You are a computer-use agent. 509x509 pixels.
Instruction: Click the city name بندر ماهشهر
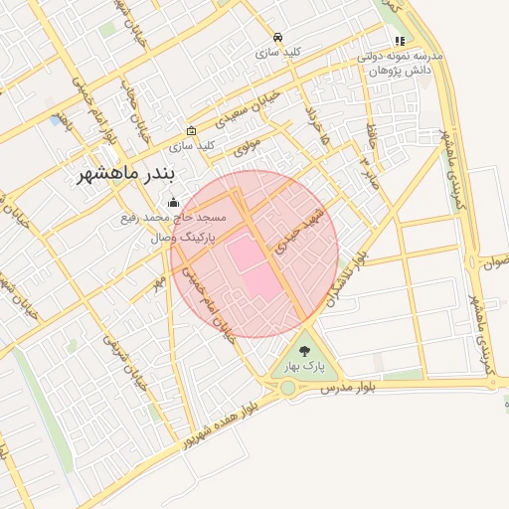pos(126,175)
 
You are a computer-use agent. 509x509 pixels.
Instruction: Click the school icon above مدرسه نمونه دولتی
pos(400,42)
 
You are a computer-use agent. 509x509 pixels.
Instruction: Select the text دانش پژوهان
pos(400,72)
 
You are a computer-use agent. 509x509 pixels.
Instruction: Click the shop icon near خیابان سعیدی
pos(191,131)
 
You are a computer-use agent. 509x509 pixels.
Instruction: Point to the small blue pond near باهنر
pos(54,120)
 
